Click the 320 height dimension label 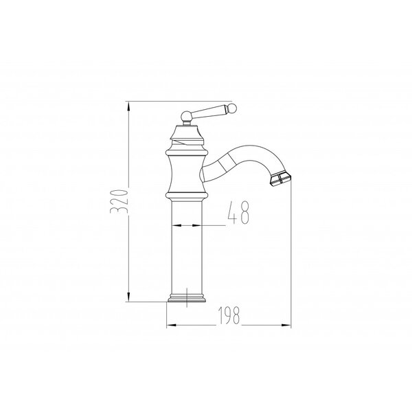119,201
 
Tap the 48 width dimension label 238,213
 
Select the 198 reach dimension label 229,315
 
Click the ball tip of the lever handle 233,108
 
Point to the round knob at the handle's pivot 186,116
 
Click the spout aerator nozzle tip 280,180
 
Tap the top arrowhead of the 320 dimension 128,107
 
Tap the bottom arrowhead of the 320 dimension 128,296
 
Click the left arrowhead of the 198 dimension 172,325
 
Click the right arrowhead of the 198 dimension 286,325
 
